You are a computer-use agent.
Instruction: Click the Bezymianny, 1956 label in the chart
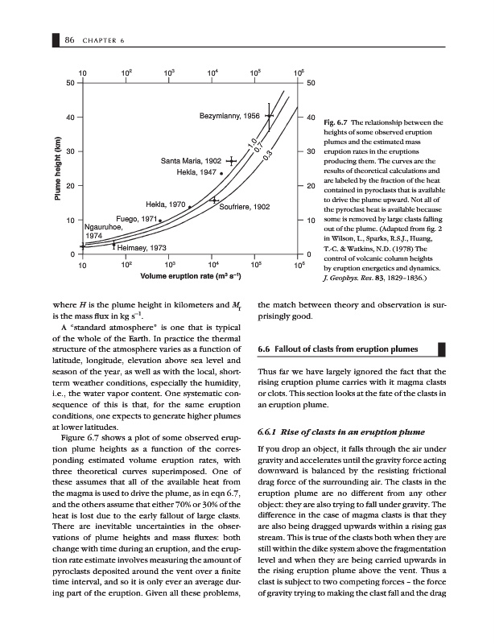pyautogui.click(x=229, y=116)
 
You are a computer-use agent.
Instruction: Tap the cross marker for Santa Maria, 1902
pyautogui.click(x=232, y=161)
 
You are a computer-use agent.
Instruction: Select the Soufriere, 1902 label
pyautogui.click(x=245, y=208)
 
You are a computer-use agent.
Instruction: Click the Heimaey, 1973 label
pyautogui.click(x=142, y=248)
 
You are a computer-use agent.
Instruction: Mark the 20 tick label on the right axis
pyautogui.click(x=310, y=186)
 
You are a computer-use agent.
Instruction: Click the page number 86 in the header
pyautogui.click(x=71, y=39)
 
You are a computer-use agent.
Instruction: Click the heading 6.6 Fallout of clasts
pyautogui.click(x=338, y=349)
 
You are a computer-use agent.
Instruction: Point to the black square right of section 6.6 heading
pyautogui.click(x=440, y=349)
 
